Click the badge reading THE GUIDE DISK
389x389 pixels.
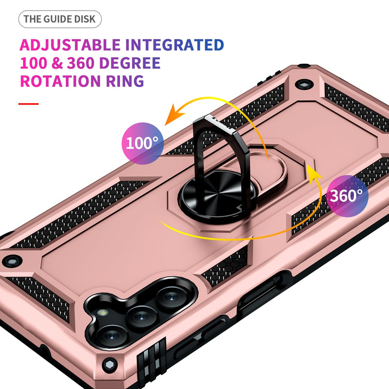[x=60, y=19]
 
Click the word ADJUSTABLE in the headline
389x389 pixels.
[x=70, y=45]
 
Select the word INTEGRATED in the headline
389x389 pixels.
[x=175, y=45]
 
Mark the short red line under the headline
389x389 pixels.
[x=28, y=104]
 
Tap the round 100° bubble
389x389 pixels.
[x=142, y=143]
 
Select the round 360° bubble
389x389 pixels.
[x=347, y=196]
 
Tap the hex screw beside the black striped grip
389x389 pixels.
[x=110, y=364]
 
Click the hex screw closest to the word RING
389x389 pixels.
[x=304, y=83]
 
